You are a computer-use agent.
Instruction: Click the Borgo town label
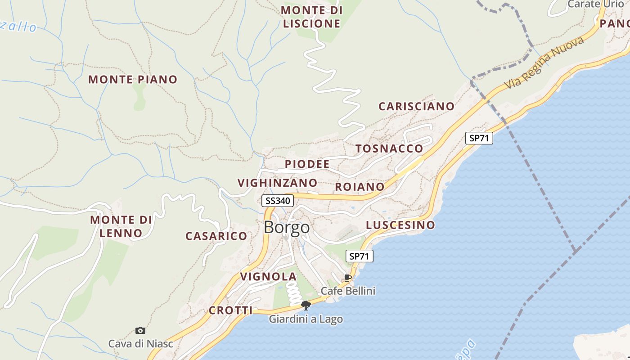287,227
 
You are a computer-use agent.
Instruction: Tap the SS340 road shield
278,201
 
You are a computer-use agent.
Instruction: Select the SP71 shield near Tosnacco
479,138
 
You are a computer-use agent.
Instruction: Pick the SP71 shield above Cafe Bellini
359,256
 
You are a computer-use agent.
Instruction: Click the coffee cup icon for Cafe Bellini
347,277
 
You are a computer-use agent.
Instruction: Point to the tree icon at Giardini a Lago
306,306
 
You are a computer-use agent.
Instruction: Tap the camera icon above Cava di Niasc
140,331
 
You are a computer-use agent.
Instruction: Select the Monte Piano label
133,80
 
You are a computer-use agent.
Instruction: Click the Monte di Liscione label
311,17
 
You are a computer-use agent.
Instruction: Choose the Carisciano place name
416,106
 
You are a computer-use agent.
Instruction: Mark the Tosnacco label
389,148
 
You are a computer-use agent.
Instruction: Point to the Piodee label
307,164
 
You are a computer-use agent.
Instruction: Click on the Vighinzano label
277,183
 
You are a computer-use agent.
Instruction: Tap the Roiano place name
360,187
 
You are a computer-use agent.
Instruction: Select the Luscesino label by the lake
400,225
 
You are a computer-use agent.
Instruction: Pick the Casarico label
216,236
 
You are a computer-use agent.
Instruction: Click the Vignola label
268,277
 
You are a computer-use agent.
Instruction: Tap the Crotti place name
230,310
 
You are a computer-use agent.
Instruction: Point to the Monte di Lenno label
121,226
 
